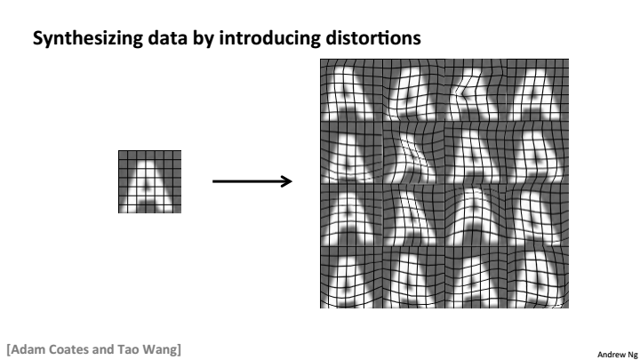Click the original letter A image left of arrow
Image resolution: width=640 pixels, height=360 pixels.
tap(149, 181)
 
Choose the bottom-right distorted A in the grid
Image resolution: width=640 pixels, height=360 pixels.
tap(536, 277)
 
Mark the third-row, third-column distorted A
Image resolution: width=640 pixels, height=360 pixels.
tap(474, 216)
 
